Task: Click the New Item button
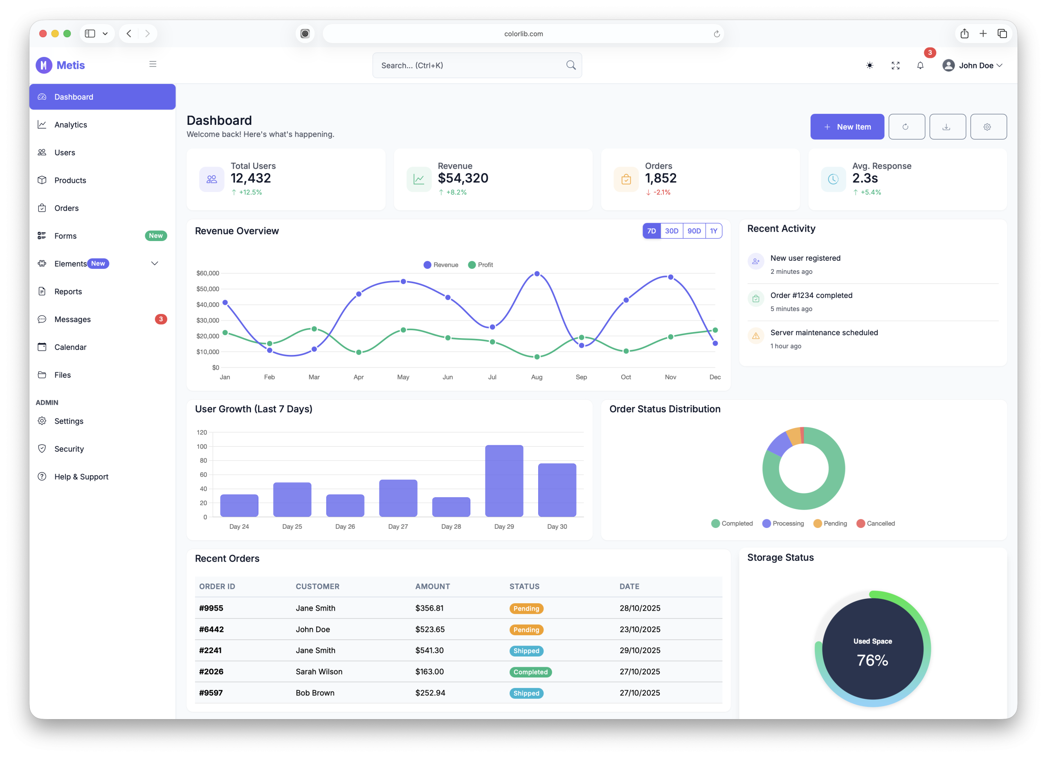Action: click(x=847, y=126)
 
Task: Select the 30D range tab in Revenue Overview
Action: click(x=671, y=231)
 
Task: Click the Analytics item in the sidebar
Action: click(x=70, y=125)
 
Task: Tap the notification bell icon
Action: click(x=920, y=65)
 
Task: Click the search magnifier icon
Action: click(x=571, y=65)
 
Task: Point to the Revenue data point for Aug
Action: click(x=537, y=274)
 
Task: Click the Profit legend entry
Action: click(x=481, y=265)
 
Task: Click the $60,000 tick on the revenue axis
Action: click(x=208, y=273)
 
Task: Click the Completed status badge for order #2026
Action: click(x=530, y=672)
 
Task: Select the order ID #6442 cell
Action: click(x=211, y=629)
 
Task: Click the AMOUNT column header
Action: click(x=432, y=586)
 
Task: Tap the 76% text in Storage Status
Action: click(x=872, y=660)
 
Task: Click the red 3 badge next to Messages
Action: click(x=161, y=319)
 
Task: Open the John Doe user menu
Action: click(x=972, y=65)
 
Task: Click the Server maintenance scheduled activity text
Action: click(x=824, y=333)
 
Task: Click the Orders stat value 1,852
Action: click(x=660, y=178)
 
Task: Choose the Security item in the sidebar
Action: click(x=69, y=449)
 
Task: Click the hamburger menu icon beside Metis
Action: click(x=153, y=64)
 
